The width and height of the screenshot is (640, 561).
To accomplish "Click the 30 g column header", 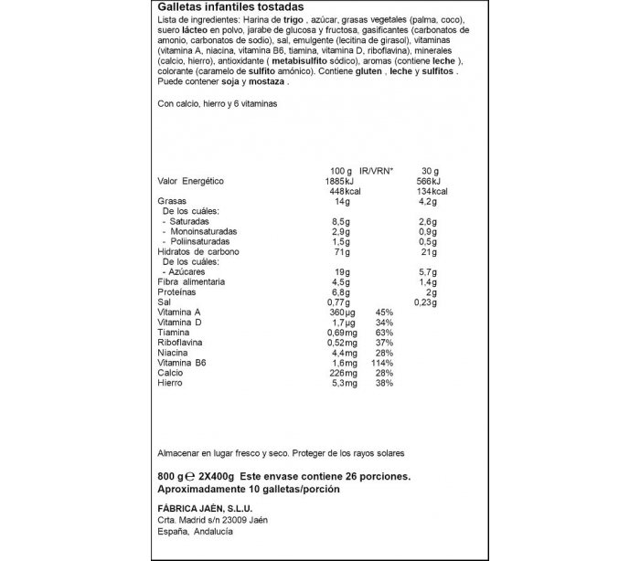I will pyautogui.click(x=431, y=171).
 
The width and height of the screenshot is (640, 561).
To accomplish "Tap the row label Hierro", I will pyautogui.click(x=171, y=383).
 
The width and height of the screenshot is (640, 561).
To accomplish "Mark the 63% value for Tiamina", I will pyautogui.click(x=384, y=333).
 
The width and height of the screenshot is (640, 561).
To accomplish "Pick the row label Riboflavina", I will pyautogui.click(x=181, y=343).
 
